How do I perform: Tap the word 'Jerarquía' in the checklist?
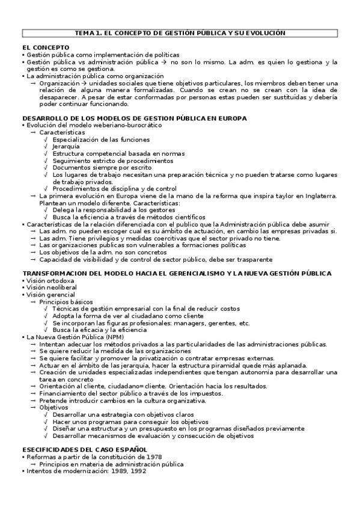66,146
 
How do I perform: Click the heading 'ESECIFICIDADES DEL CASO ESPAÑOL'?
84,450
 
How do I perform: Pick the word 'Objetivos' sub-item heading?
53,407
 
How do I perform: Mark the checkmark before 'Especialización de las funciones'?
46,140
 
